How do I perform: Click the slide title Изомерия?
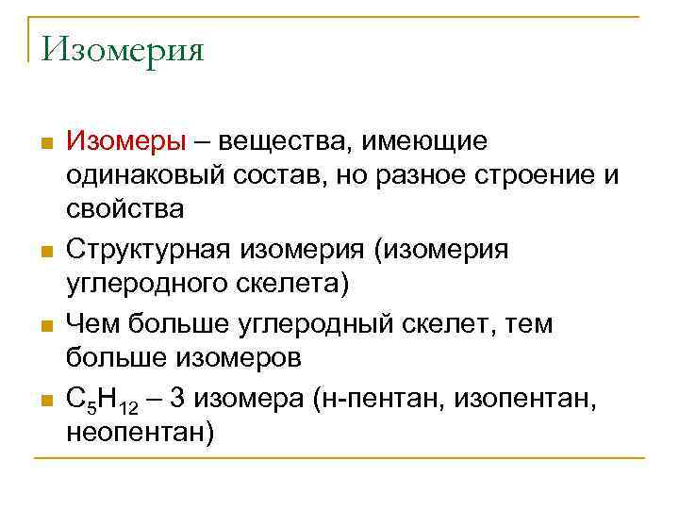pyautogui.click(x=123, y=48)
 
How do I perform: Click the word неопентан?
pyautogui.click(x=141, y=434)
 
